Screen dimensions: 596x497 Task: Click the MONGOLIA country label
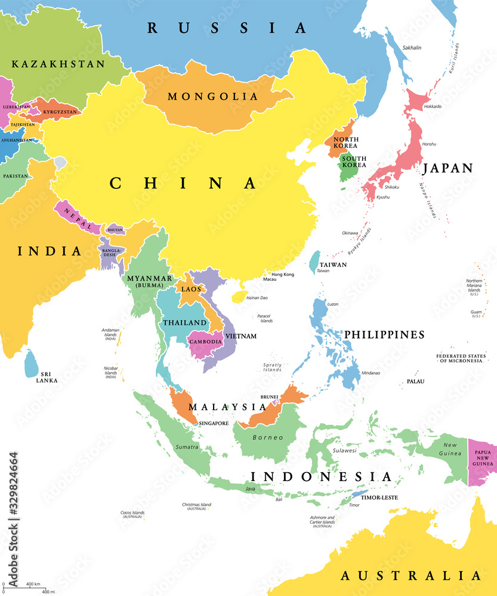point(213,96)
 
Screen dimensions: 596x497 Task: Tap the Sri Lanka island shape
point(30,364)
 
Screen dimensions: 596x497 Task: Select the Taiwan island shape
point(314,260)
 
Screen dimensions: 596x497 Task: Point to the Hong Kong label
point(283,274)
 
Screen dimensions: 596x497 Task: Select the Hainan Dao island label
point(258,297)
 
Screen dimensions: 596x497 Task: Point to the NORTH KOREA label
point(345,142)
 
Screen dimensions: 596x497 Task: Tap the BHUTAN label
point(115,229)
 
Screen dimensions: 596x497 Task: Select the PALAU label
point(416,380)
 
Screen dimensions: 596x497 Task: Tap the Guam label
point(476,312)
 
